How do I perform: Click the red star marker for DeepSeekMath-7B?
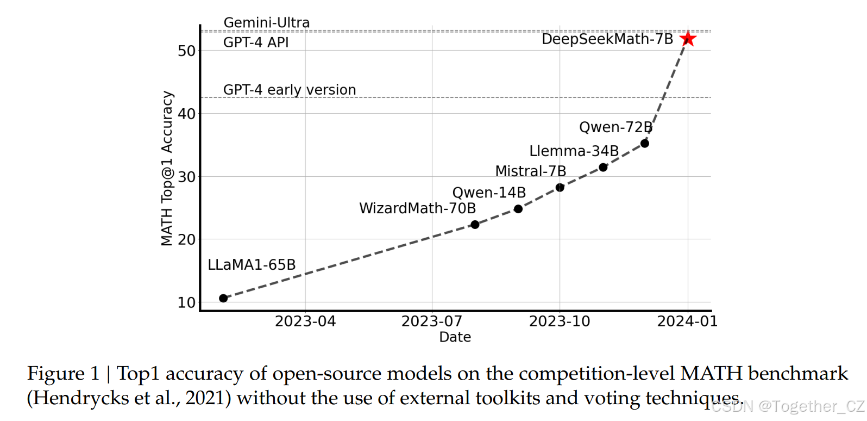[688, 39]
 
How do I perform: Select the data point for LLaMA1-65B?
[223, 298]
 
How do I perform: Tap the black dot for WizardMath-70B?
[475, 225]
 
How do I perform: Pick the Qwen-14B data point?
[518, 209]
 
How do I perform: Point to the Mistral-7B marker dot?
[560, 188]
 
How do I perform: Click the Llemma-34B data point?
[603, 168]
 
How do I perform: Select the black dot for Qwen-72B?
[645, 144]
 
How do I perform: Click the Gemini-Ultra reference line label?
[266, 23]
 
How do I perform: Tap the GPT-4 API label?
[256, 42]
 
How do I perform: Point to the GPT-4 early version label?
[290, 90]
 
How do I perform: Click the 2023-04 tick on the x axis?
[305, 321]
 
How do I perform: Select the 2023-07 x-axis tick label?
[432, 321]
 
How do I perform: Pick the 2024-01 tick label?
[688, 321]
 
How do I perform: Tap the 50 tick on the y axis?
[186, 51]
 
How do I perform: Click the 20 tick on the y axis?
[186, 240]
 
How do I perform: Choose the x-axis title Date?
[455, 337]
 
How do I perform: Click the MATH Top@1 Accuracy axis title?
[167, 169]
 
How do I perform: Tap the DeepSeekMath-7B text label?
[607, 39]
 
